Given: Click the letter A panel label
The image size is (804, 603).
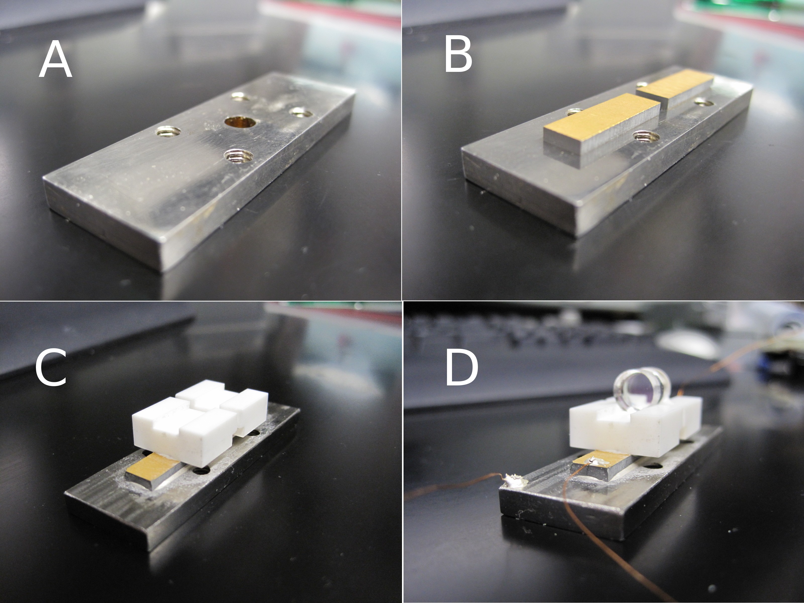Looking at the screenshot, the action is (x=55, y=59).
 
